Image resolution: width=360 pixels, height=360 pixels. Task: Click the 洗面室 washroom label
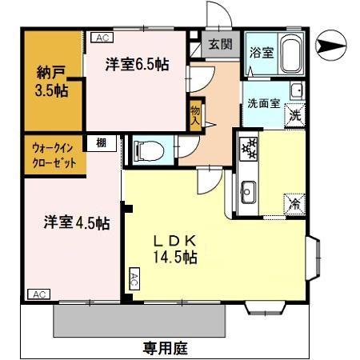261,102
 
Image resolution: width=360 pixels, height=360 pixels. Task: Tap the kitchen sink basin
248,190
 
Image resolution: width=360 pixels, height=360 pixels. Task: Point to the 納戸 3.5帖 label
51,79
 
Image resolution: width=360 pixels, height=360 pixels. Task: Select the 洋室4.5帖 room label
76,223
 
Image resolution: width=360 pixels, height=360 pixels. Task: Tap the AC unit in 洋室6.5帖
102,37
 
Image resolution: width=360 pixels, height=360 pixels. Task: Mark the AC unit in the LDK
134,280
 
